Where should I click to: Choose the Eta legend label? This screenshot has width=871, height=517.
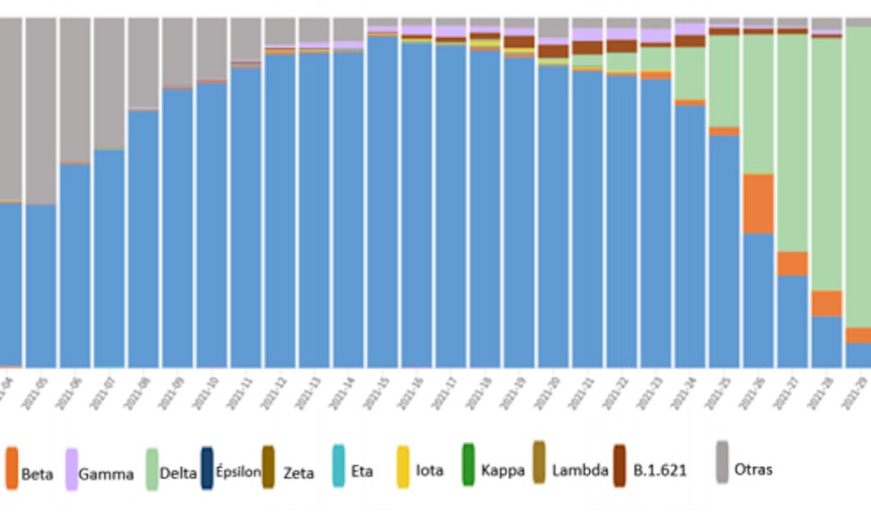(362, 471)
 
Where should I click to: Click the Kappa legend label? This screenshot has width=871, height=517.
(503, 471)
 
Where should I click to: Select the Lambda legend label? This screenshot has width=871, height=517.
(580, 471)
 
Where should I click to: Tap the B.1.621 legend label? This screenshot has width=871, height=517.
(659, 471)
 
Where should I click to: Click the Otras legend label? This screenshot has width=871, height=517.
(753, 470)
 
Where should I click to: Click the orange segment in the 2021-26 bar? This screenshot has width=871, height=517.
(758, 203)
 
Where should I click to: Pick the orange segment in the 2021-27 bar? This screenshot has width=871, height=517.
(792, 263)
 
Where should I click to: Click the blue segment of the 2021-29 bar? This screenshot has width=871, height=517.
(858, 355)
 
